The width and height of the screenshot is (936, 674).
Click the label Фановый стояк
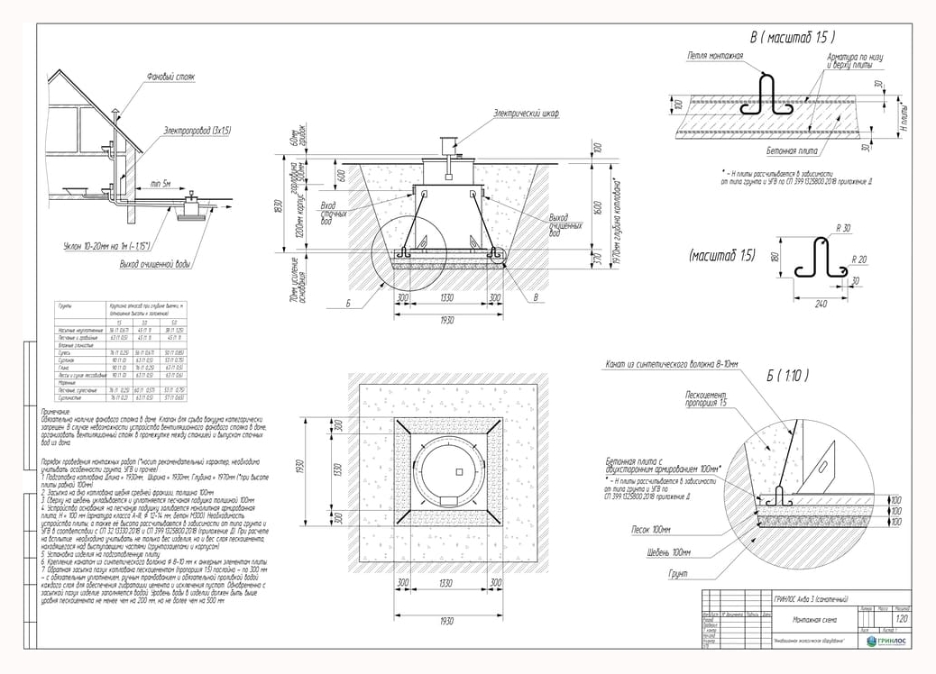pos(170,77)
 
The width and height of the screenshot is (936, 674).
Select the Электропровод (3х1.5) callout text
pos(197,132)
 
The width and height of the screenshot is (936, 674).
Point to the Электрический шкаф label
pos(526,114)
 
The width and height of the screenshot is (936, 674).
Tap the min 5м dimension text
pos(161,184)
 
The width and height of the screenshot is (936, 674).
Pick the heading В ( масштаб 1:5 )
pos(792,38)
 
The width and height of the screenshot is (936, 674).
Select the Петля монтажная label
pos(713,56)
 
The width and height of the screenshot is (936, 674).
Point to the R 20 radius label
pos(859,259)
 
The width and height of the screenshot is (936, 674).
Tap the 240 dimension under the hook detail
pos(821,305)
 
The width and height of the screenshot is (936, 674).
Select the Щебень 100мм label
pos(668,551)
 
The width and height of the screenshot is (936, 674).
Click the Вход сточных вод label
pos(335,213)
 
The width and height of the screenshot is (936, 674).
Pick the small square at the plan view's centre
pos(458,472)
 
